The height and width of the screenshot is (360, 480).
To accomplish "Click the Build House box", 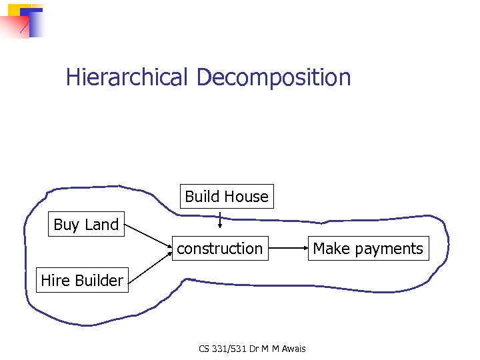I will point(227,197).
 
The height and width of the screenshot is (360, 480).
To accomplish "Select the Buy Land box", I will point(86,225).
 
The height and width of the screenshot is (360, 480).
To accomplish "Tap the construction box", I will point(219,249).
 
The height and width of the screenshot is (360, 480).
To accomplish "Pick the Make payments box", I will point(368,249).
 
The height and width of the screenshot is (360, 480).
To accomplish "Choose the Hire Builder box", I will point(82,281).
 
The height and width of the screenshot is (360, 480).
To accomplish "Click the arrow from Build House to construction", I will point(221,219).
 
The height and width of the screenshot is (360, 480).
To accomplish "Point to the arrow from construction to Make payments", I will point(287,249).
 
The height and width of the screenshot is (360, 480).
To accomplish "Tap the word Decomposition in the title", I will point(273,78).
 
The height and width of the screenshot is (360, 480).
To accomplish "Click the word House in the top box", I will point(246,197).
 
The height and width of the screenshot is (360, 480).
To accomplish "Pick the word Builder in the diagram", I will point(99,281).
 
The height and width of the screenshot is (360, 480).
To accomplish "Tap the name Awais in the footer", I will point(287,349).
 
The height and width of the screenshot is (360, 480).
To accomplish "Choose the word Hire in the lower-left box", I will point(55,281).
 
